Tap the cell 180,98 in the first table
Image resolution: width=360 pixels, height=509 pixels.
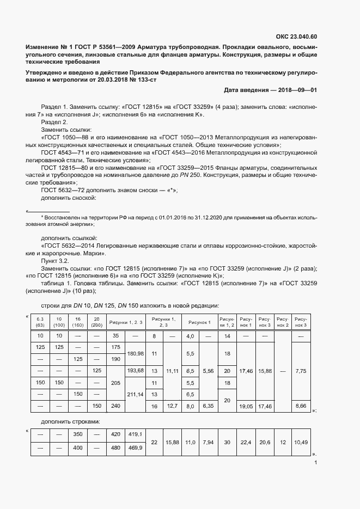(x=135, y=353)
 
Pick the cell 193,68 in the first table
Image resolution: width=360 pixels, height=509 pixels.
(x=135, y=371)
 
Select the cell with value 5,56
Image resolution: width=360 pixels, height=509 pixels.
(x=208, y=371)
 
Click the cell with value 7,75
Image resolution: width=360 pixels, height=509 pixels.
(x=301, y=371)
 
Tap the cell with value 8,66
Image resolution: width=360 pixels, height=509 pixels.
(x=301, y=406)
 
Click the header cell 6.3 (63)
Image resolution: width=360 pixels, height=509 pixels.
(x=40, y=322)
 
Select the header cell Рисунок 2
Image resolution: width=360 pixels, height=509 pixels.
(x=282, y=322)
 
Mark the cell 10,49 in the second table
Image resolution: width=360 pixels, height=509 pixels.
(x=301, y=442)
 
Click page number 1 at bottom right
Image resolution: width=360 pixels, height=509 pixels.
(x=316, y=463)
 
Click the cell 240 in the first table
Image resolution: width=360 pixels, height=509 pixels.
(x=115, y=406)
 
